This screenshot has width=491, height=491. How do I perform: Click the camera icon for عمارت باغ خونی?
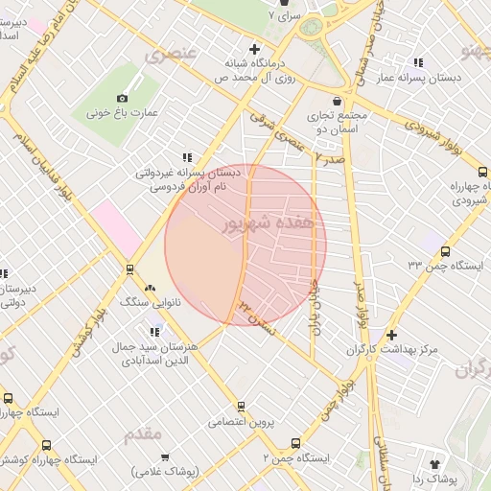(122, 98)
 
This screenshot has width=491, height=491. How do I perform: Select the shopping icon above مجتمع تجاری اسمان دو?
(337, 101)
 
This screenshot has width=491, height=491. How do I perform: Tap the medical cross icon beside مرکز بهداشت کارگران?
(391, 335)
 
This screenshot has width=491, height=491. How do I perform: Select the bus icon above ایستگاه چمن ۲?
(294, 445)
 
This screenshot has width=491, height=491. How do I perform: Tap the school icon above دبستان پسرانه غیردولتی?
(187, 157)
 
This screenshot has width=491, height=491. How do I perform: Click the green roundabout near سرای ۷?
(312, 28)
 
